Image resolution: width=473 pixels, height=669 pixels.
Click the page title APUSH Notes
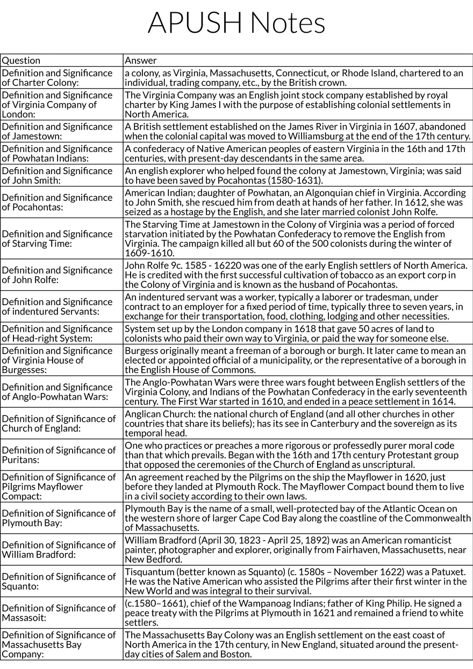click(236, 23)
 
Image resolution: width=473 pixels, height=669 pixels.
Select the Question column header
click(21, 61)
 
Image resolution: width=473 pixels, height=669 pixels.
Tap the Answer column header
click(140, 61)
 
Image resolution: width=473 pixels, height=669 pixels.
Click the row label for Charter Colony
click(57, 77)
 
